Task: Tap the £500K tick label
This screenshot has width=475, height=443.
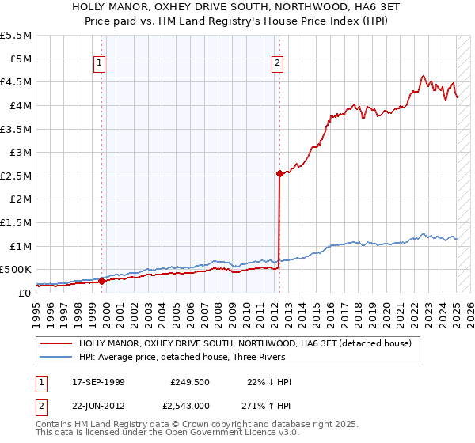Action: (x=16, y=270)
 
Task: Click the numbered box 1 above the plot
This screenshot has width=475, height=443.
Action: (x=101, y=65)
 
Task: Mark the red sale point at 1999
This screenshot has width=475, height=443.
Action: (x=101, y=281)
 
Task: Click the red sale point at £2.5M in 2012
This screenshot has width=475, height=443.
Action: (x=279, y=173)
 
